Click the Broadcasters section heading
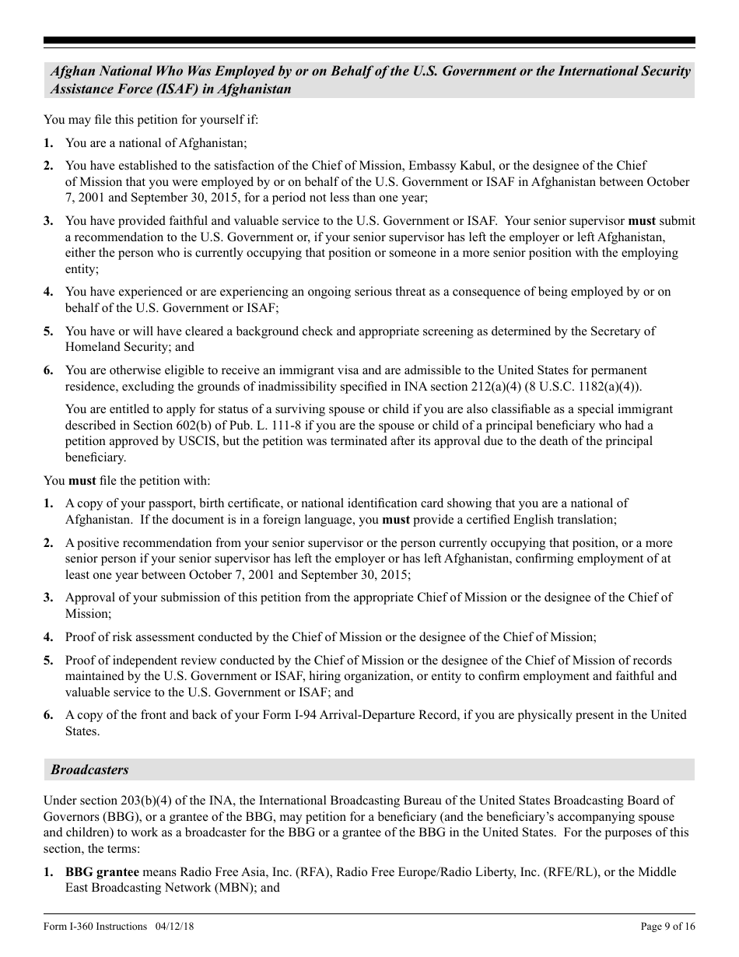[89, 769]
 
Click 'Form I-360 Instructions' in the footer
[95, 926]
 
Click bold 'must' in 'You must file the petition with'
[82, 481]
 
